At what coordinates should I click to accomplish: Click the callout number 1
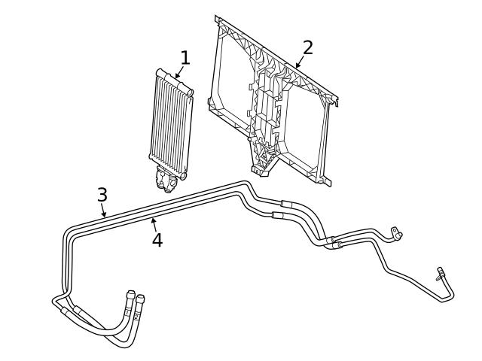click(185, 58)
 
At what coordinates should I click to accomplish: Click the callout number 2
click(307, 47)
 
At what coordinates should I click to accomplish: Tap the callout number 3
click(102, 195)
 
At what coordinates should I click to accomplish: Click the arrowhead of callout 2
click(294, 68)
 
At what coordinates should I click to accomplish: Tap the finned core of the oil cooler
click(169, 120)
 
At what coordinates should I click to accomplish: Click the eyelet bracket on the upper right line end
click(394, 231)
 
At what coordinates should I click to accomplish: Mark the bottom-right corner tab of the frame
click(327, 180)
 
